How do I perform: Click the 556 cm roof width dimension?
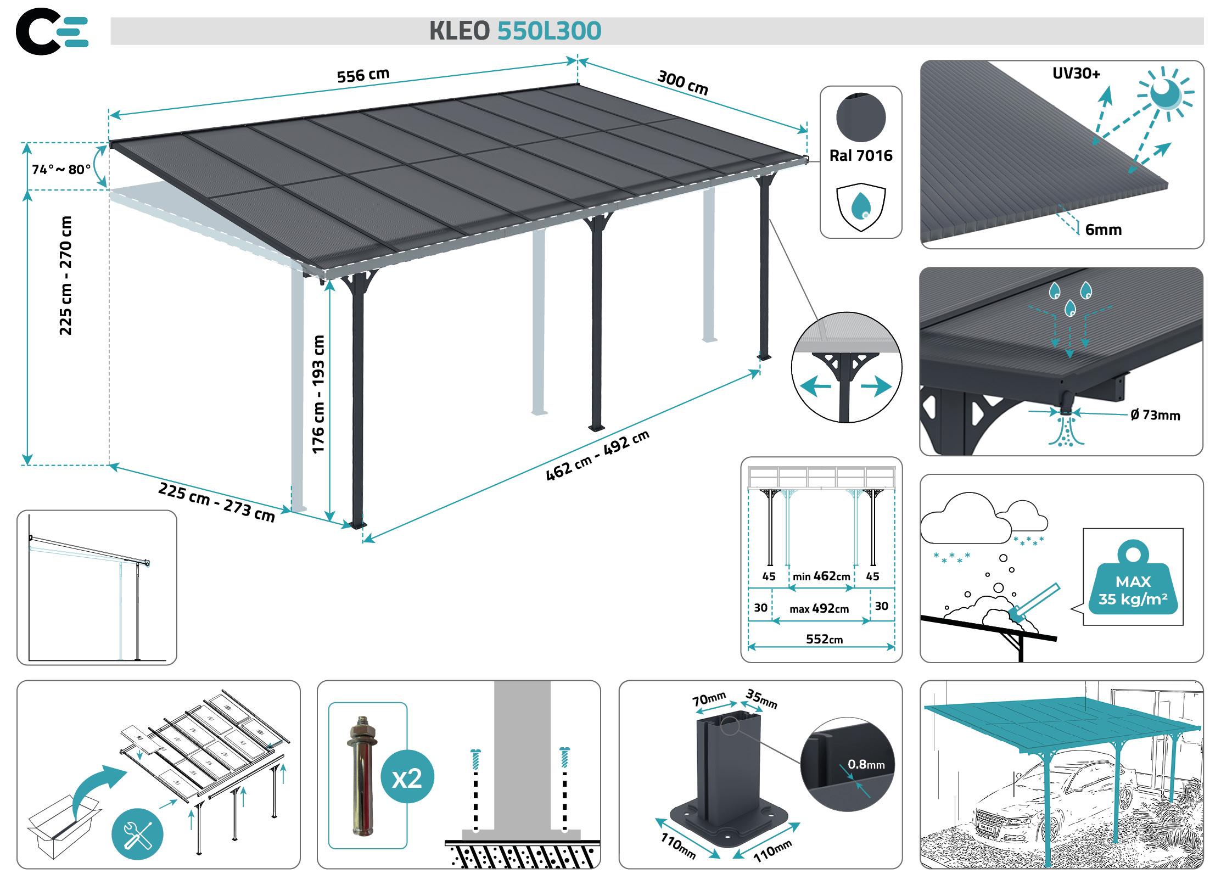pos(363,75)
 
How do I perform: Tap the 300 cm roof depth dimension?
pos(682,82)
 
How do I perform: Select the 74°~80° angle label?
pos(61,169)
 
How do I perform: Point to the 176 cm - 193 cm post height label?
pos(318,394)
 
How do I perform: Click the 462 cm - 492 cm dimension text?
pos(597,456)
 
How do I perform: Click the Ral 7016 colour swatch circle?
pos(860,118)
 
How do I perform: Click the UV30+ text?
pos(1076,73)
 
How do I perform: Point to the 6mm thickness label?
pos(1103,229)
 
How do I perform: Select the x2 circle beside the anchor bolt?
pos(407,778)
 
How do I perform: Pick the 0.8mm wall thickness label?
pos(866,764)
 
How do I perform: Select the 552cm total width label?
pos(824,639)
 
